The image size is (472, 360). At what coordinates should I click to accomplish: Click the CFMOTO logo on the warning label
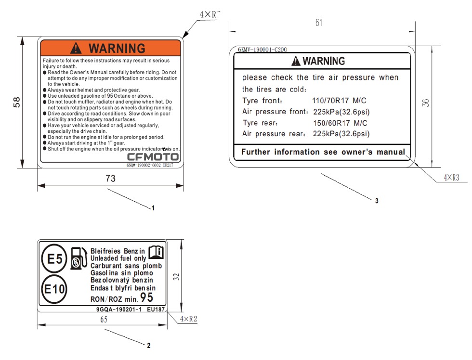click(x=153, y=157)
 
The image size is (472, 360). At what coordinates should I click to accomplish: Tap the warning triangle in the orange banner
click(x=76, y=48)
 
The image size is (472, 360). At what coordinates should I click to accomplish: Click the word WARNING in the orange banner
click(x=117, y=49)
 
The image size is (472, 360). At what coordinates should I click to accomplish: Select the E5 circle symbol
click(x=54, y=258)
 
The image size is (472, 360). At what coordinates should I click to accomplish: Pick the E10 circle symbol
click(x=54, y=289)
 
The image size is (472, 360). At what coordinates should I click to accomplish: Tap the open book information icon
click(x=156, y=252)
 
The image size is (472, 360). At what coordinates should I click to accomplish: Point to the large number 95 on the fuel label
click(x=147, y=297)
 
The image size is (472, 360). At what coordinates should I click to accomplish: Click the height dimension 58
click(x=16, y=102)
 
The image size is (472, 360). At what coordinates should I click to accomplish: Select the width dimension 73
click(x=110, y=179)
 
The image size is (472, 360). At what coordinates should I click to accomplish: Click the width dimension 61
click(x=319, y=23)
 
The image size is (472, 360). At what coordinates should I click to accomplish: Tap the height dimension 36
click(x=425, y=103)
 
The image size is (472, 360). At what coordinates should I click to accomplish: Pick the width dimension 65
click(x=104, y=319)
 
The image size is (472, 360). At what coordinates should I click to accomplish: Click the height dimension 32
click(x=176, y=276)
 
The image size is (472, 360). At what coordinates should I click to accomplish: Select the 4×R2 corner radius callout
click(x=188, y=319)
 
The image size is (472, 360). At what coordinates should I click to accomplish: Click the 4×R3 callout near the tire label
click(x=452, y=178)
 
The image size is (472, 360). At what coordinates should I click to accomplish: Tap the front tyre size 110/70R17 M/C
click(x=339, y=101)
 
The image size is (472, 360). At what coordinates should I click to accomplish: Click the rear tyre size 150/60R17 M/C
click(x=340, y=123)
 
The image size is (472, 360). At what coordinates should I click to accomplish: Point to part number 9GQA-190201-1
click(x=119, y=309)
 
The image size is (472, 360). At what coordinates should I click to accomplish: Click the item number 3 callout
click(x=377, y=201)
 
